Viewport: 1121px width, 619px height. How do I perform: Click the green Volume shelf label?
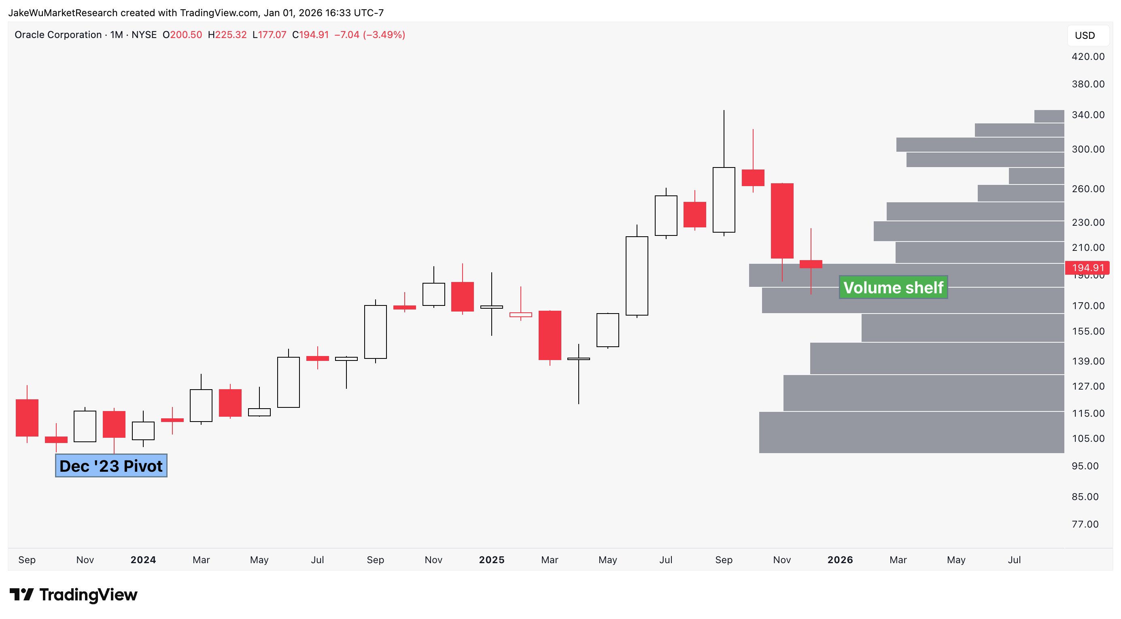tap(893, 288)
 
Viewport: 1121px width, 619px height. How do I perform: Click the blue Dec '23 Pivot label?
tap(111, 466)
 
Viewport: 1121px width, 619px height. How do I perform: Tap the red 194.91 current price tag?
tap(1087, 267)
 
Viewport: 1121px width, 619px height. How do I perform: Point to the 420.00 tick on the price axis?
tap(1087, 57)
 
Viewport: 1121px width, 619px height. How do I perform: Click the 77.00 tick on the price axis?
tap(1085, 524)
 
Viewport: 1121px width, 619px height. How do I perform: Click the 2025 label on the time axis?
tap(491, 560)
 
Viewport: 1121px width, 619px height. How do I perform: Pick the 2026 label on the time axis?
tap(840, 560)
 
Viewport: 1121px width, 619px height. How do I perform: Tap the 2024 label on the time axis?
tap(143, 560)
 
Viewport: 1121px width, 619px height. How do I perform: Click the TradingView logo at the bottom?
tap(74, 595)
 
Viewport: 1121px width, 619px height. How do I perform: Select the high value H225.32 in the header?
tap(227, 35)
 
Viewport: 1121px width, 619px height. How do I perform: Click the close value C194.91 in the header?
tap(310, 35)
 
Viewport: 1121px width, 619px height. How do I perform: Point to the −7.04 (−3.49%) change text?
tap(369, 35)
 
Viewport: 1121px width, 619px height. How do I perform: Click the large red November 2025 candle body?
tap(782, 220)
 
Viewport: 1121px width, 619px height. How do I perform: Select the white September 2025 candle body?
tap(724, 200)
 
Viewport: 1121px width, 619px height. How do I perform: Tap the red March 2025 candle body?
tap(550, 335)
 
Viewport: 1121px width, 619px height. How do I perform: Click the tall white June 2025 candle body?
tap(637, 276)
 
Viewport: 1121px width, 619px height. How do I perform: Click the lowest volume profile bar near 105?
tap(911, 432)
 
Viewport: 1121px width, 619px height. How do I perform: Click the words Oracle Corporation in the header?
tap(58, 35)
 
